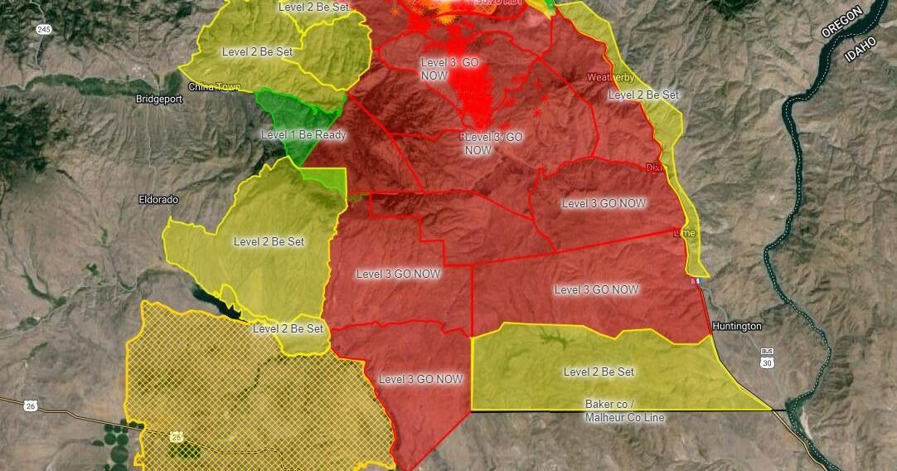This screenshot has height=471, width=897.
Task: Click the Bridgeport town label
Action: pyautogui.click(x=158, y=99)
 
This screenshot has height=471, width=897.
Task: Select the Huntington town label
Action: pyautogui.click(x=736, y=327)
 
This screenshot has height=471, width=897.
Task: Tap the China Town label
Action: pyautogui.click(x=214, y=86)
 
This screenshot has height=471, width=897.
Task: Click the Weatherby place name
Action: pyautogui.click(x=611, y=77)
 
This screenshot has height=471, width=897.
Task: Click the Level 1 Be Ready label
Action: pyautogui.click(x=303, y=134)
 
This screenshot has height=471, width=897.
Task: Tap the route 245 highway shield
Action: pyautogui.click(x=42, y=29)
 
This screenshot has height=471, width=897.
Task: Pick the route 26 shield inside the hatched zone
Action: pyautogui.click(x=177, y=434)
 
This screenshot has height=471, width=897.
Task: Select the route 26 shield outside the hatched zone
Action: pyautogui.click(x=32, y=405)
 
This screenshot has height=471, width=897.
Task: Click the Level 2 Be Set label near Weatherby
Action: pyautogui.click(x=643, y=95)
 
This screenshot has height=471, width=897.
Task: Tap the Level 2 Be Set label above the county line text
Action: pyautogui.click(x=599, y=371)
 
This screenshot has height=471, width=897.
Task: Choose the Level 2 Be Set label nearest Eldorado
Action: pyautogui.click(x=269, y=242)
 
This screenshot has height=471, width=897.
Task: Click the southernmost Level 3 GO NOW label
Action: pyautogui.click(x=420, y=379)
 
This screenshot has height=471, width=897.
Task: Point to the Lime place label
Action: pyautogui.click(x=685, y=233)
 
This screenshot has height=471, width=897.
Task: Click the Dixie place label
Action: pyautogui.click(x=656, y=168)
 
